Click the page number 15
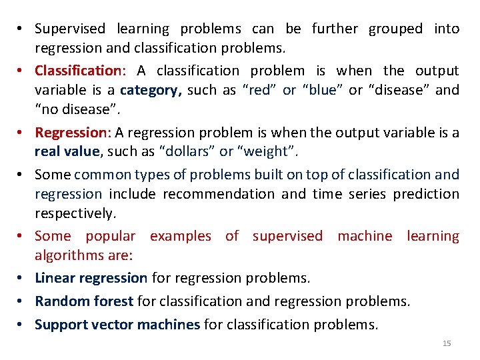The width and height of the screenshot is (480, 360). (x=447, y=343)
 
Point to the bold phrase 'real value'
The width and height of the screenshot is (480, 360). (x=67, y=152)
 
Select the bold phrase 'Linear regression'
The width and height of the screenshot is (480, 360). (x=91, y=277)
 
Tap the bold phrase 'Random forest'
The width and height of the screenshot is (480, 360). (x=84, y=301)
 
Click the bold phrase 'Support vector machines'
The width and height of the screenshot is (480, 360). (x=117, y=325)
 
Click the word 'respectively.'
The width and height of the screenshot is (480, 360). (x=75, y=213)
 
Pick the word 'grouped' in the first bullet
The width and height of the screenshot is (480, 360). (x=396, y=29)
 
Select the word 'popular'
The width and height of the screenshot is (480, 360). (x=110, y=236)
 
